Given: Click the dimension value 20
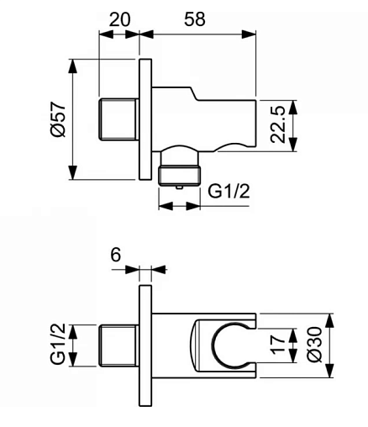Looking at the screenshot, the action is (119, 19).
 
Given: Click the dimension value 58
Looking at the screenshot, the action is (195, 19).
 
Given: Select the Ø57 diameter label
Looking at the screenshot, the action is (58, 119).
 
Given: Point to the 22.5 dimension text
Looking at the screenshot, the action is (278, 124).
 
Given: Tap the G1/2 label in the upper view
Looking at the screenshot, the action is (229, 192).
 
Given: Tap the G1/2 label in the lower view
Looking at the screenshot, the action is (58, 344).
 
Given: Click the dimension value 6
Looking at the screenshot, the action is (116, 255).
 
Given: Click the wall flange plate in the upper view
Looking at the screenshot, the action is (145, 119).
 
